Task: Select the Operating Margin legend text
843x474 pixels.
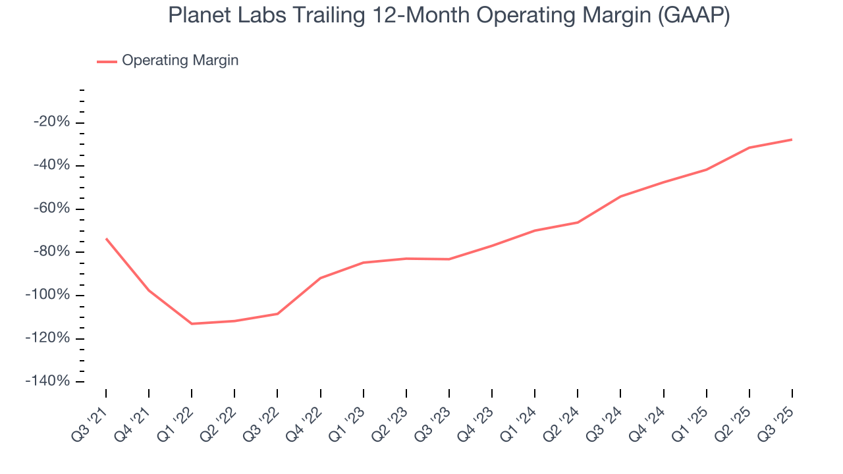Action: [x=180, y=61]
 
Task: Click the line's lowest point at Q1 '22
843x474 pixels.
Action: [x=192, y=324]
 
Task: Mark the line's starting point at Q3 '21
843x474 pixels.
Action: [x=106, y=238]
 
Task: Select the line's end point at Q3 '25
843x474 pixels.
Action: [x=792, y=140]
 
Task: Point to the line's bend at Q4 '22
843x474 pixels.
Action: [x=321, y=278]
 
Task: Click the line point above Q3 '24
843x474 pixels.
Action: [x=620, y=196]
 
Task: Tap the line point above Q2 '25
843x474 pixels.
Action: [x=749, y=147]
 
